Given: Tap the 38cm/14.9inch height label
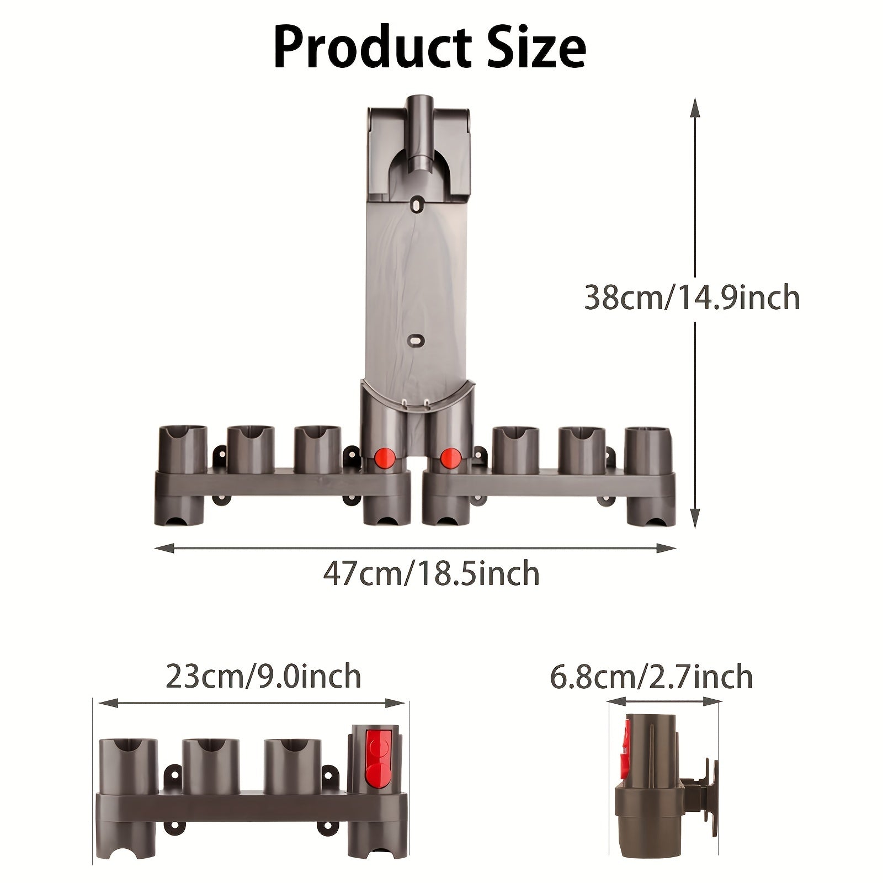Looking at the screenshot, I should (692, 298).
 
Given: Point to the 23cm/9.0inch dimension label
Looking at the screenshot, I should (263, 677).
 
